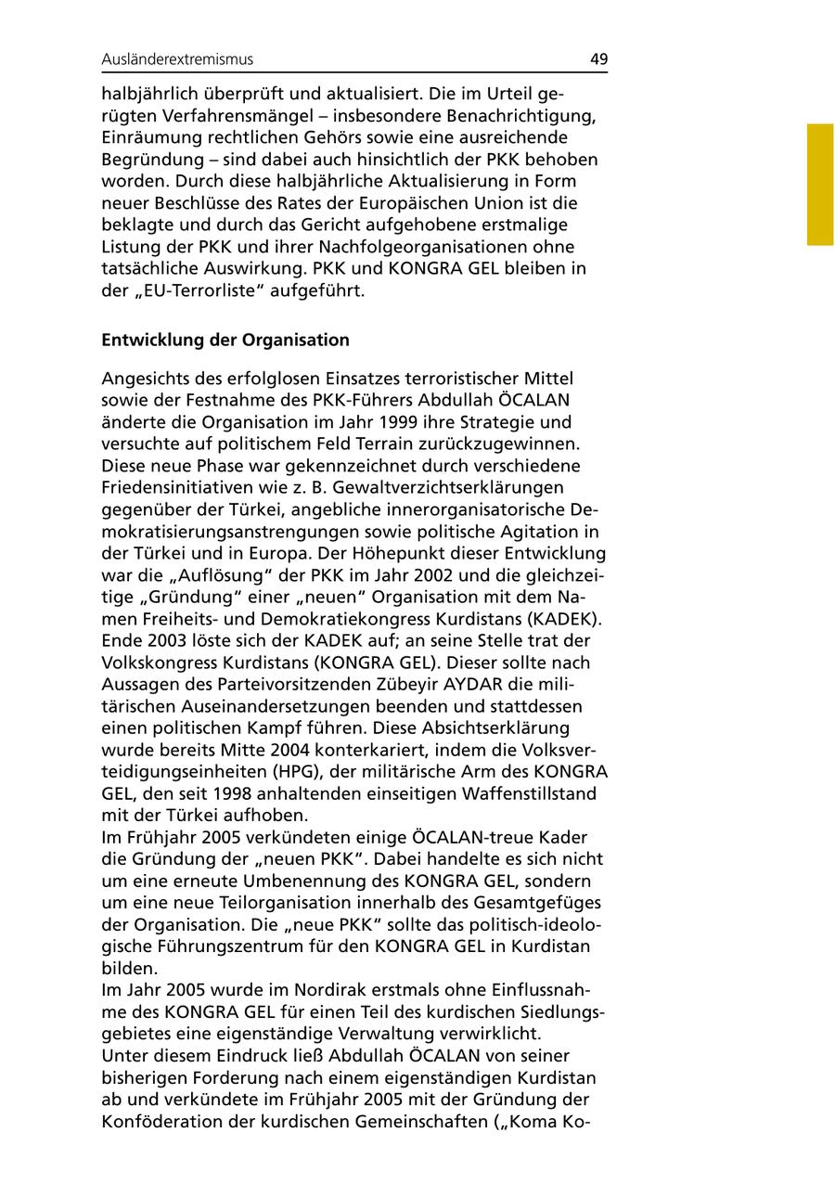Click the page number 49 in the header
pyautogui.click(x=598, y=59)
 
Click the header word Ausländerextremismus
pyautogui.click(x=177, y=59)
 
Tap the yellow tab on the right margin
pyautogui.click(x=820, y=185)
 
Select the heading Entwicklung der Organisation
pyautogui.click(x=225, y=340)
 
